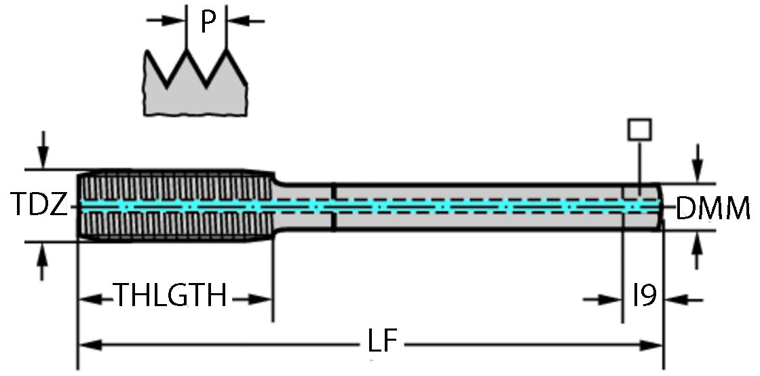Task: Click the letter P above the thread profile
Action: (x=208, y=23)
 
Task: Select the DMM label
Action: (x=712, y=208)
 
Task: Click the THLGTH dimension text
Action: (x=170, y=297)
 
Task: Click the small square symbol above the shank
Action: (x=640, y=130)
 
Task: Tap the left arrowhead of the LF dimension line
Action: (x=88, y=345)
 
